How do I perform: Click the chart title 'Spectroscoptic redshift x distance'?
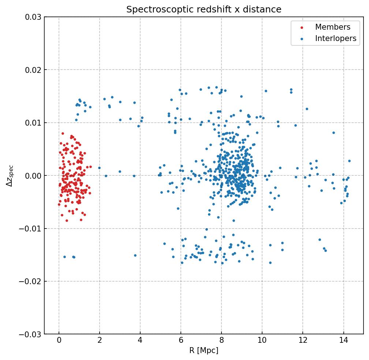click(x=204, y=10)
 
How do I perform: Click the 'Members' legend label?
click(x=332, y=27)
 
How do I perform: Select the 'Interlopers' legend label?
click(x=335, y=38)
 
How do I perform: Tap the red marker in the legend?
click(x=302, y=27)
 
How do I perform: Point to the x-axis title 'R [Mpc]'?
click(x=204, y=350)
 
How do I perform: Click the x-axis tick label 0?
click(x=59, y=341)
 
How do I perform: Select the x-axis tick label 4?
click(x=140, y=341)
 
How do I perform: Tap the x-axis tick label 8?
click(x=221, y=341)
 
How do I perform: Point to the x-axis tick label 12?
click(x=303, y=341)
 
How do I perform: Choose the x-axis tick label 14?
click(x=343, y=341)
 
